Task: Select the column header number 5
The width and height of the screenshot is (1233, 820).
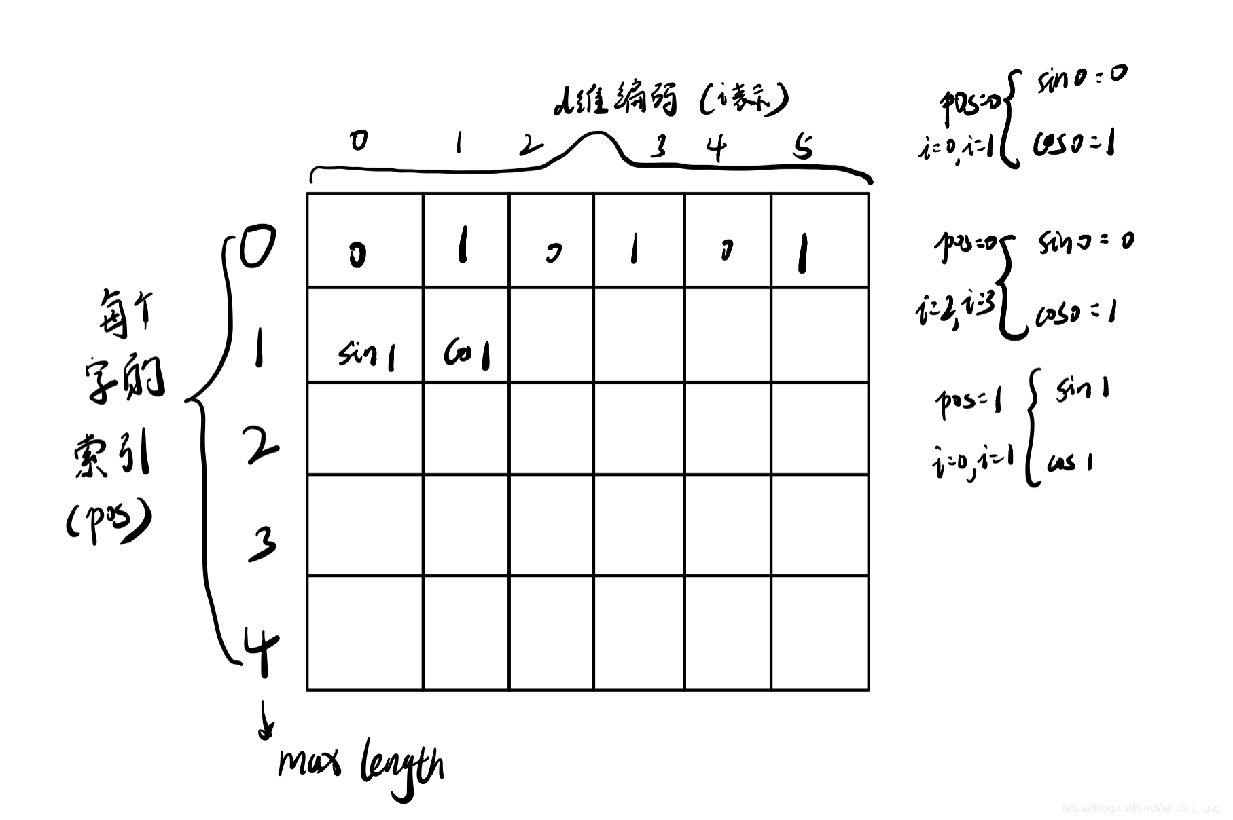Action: [x=803, y=146]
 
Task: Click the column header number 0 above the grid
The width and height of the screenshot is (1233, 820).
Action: [x=359, y=141]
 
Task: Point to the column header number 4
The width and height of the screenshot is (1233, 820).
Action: [x=716, y=147]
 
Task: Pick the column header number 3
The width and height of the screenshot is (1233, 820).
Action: [x=658, y=145]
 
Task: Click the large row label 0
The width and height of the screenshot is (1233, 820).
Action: [x=257, y=248]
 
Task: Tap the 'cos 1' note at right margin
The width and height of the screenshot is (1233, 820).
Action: [x=1070, y=463]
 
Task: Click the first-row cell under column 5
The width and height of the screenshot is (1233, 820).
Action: [x=819, y=241]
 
